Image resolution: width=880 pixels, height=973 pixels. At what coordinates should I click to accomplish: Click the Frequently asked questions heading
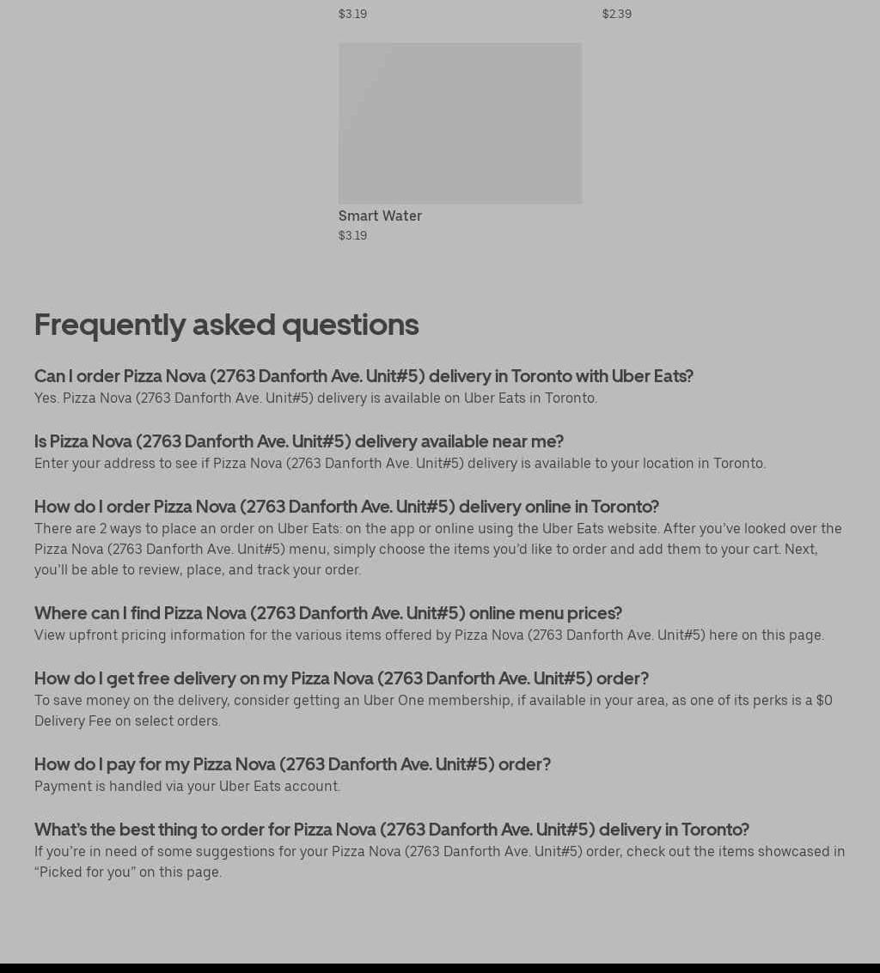pyautogui.click(x=226, y=325)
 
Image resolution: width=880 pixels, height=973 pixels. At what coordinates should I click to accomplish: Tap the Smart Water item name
pyautogui.click(x=380, y=216)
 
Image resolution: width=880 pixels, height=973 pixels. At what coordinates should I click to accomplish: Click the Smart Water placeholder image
pyautogui.click(x=460, y=123)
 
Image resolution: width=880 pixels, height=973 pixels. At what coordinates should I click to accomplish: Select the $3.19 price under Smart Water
pyautogui.click(x=352, y=235)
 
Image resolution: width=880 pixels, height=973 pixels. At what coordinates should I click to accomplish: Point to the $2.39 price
pyautogui.click(x=616, y=14)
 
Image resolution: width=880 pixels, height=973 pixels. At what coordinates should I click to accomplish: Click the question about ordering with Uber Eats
pyautogui.click(x=364, y=376)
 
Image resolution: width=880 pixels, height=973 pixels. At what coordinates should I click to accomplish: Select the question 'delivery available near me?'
pyautogui.click(x=298, y=441)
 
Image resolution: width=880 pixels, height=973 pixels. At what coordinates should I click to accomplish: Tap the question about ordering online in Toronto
pyautogui.click(x=346, y=507)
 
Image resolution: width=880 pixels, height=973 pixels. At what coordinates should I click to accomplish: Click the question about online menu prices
pyautogui.click(x=327, y=613)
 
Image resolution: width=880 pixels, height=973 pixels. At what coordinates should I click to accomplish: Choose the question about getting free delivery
pyautogui.click(x=341, y=678)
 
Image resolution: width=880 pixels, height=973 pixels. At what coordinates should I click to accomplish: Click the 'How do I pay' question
pyautogui.click(x=292, y=764)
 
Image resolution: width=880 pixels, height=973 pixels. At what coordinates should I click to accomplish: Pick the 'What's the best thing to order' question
pyautogui.click(x=391, y=830)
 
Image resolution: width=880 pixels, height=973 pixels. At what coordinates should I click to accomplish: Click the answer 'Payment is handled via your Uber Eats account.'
pyautogui.click(x=187, y=786)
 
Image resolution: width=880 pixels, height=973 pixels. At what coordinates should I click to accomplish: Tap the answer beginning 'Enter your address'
pyautogui.click(x=400, y=463)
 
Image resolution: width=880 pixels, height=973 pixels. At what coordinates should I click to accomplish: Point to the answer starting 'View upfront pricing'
pyautogui.click(x=429, y=635)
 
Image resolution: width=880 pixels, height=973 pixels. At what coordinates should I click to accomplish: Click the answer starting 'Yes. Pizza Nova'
pyautogui.click(x=315, y=398)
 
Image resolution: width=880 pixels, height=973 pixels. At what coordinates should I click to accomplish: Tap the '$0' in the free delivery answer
pyautogui.click(x=823, y=700)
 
